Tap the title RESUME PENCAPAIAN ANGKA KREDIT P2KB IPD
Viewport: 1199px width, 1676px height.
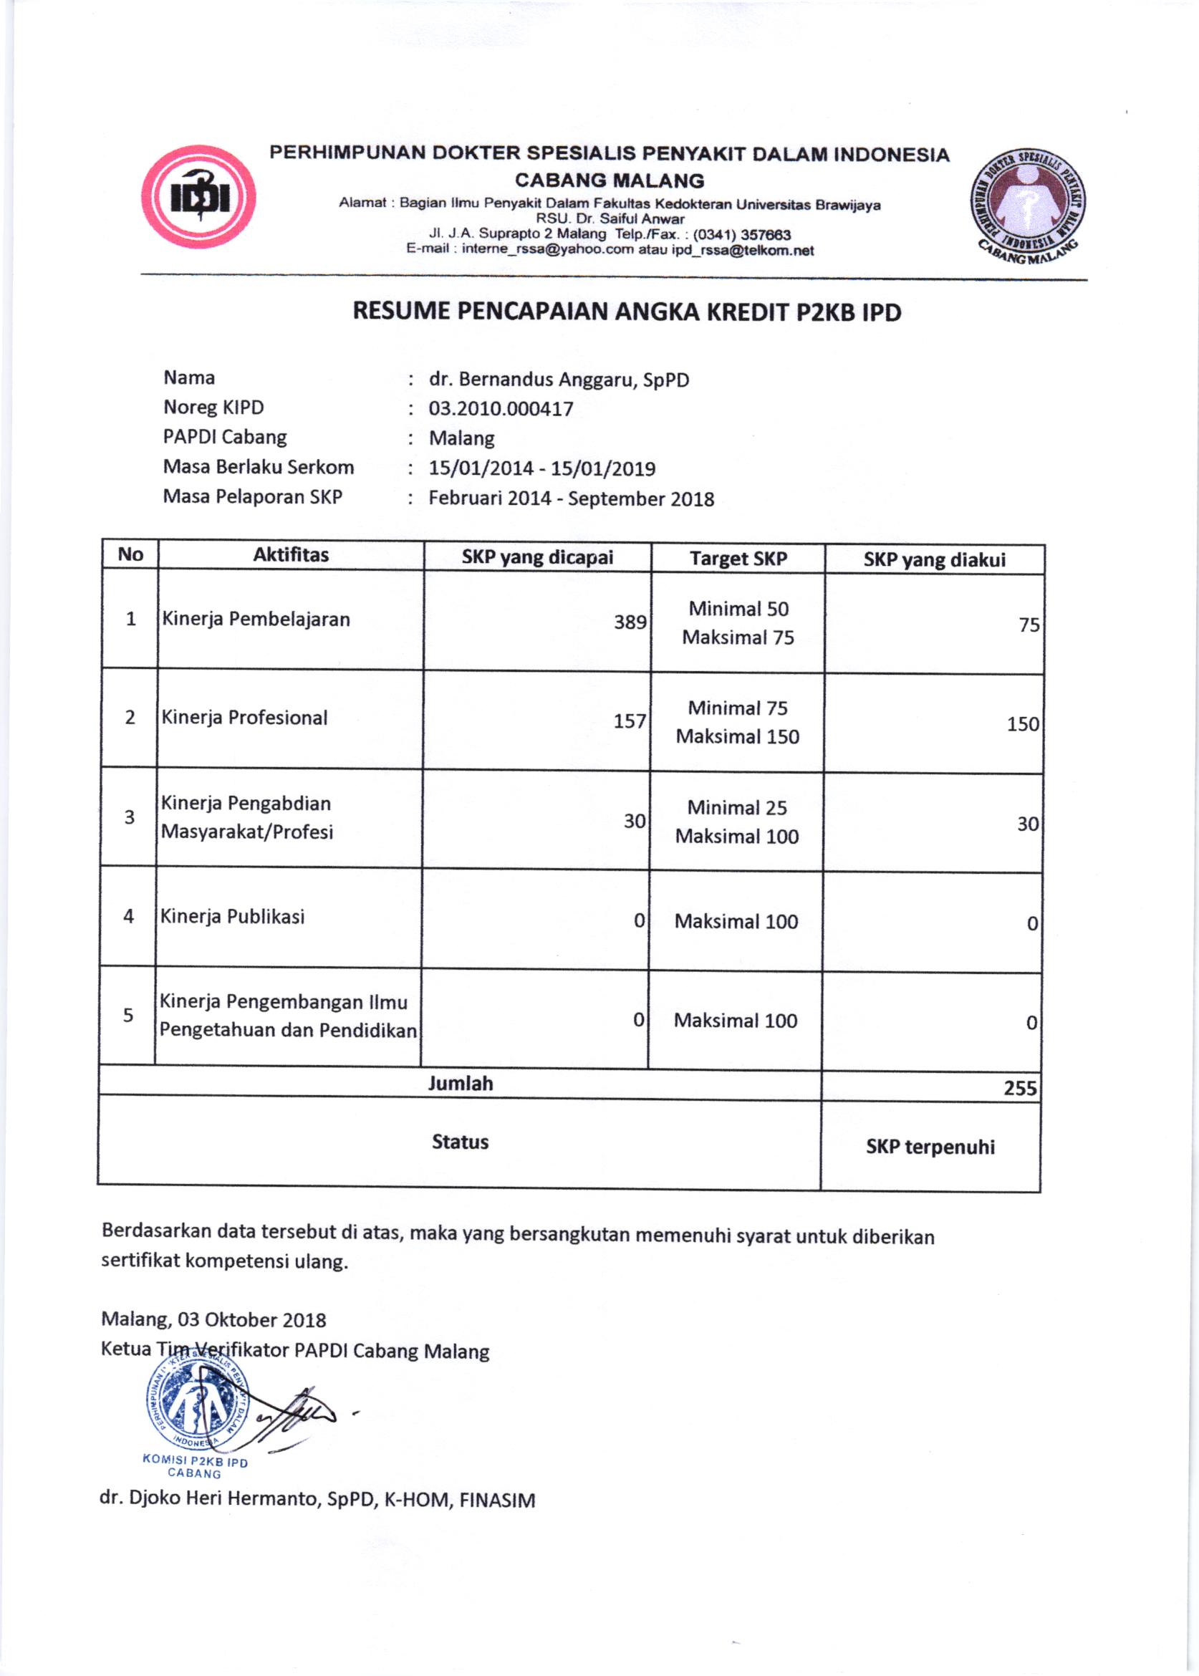627,312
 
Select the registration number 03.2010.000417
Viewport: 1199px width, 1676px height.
501,409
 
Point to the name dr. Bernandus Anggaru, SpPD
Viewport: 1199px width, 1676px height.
559,380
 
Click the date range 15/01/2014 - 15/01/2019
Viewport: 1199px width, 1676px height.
542,469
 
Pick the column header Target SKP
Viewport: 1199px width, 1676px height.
738,559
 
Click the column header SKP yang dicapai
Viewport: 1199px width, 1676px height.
537,557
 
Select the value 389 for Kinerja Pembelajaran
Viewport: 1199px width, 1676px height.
630,622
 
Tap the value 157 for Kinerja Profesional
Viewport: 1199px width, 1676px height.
630,721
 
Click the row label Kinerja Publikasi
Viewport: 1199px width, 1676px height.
233,917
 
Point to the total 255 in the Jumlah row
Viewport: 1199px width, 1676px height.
1021,1088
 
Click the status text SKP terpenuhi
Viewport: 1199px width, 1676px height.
930,1147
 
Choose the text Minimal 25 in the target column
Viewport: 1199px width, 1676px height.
737,808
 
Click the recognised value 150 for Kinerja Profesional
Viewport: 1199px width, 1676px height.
1023,724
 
